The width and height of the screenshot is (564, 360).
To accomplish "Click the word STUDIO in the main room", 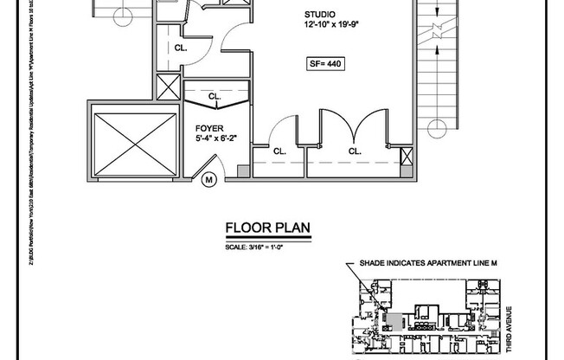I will tap(320, 15).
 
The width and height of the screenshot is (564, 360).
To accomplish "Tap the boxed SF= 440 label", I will tap(325, 63).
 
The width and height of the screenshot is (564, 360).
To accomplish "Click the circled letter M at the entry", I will tap(209, 180).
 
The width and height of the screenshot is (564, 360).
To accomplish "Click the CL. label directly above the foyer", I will tap(213, 97).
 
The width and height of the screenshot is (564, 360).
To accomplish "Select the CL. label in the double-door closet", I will tap(355, 151).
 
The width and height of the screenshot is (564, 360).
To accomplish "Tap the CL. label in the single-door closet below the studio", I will tap(279, 151).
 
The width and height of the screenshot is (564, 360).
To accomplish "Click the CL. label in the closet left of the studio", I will tap(181, 48).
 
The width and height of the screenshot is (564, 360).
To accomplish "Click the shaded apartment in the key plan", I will tap(394, 321).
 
